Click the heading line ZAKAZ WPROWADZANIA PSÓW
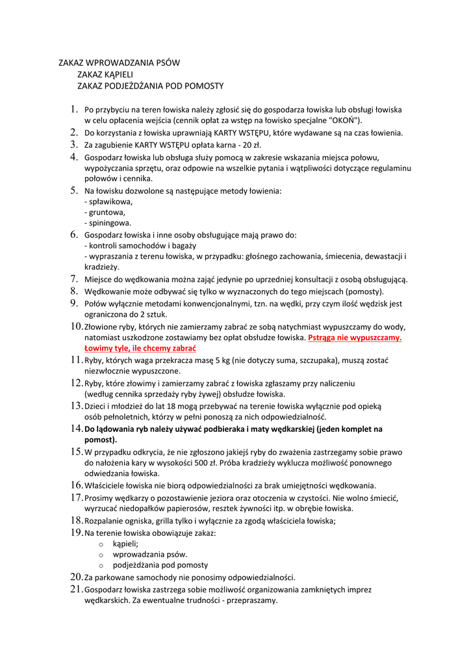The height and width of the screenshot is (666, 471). pos(119,63)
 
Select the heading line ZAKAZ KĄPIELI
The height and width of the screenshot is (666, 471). pos(105,75)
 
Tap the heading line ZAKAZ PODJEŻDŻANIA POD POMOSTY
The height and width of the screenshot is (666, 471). pos(150,86)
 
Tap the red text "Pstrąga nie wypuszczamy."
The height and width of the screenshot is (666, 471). pos(355,338)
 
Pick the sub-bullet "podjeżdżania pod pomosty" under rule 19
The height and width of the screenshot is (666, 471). pos(160,565)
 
